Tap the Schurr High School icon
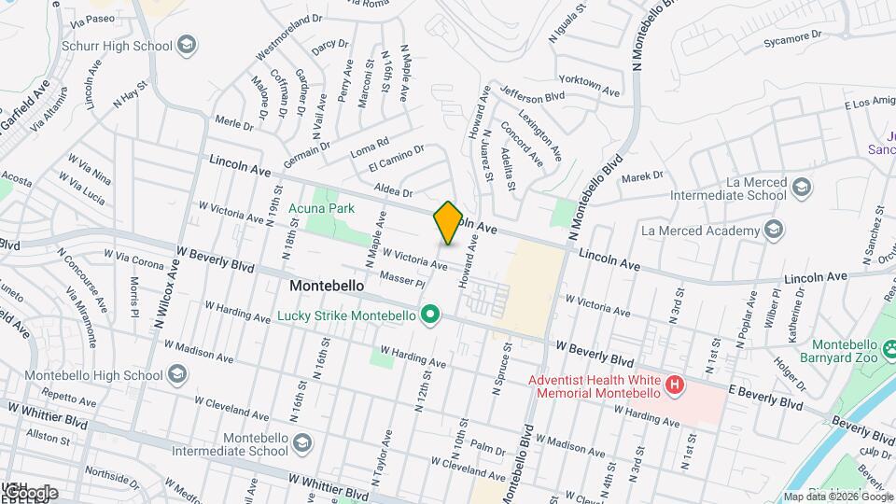[x=187, y=46]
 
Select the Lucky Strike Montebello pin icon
[x=430, y=315]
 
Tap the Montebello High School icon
[x=177, y=375]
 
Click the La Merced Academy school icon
[x=773, y=230]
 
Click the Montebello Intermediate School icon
[x=301, y=444]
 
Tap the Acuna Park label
[x=321, y=209]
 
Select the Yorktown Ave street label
[x=590, y=86]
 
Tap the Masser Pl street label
[x=403, y=278]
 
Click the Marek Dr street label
[x=641, y=175]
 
